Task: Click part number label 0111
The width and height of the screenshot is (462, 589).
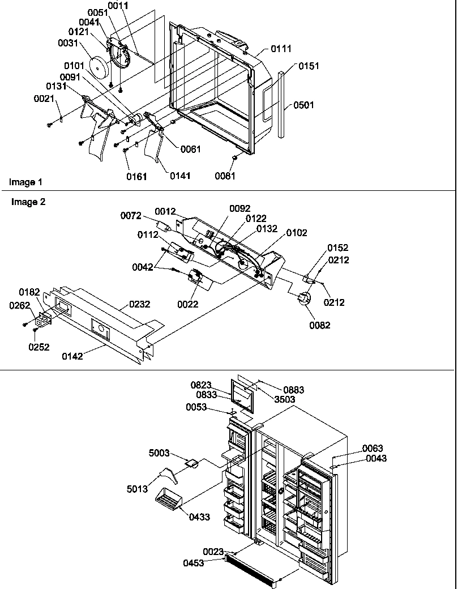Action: pyautogui.click(x=281, y=50)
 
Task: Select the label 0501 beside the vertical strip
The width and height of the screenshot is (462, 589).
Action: pyautogui.click(x=303, y=105)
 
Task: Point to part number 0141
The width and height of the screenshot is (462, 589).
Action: pyautogui.click(x=180, y=176)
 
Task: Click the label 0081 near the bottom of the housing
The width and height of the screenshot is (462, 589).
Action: pyautogui.click(x=225, y=176)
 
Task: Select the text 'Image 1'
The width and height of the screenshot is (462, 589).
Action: pyautogui.click(x=25, y=182)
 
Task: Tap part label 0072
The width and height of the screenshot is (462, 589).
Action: pyautogui.click(x=130, y=216)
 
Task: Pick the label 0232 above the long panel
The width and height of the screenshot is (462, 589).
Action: pyautogui.click(x=140, y=304)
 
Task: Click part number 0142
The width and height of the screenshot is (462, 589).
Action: pyautogui.click(x=72, y=356)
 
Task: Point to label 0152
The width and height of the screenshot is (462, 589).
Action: pyautogui.click(x=337, y=248)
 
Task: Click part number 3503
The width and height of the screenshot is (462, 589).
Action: pyautogui.click(x=285, y=399)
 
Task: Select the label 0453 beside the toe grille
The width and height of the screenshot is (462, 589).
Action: pyautogui.click(x=194, y=563)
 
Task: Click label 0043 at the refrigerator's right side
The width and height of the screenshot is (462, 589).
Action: pyautogui.click(x=376, y=458)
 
